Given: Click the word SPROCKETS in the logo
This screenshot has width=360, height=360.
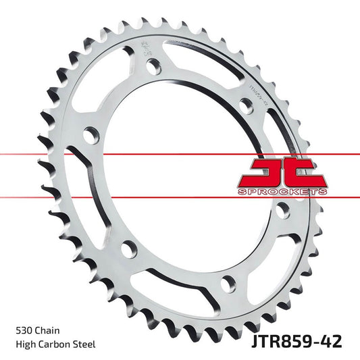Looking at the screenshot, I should click(282, 192).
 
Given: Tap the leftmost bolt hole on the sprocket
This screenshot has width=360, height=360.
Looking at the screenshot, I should click(89, 135).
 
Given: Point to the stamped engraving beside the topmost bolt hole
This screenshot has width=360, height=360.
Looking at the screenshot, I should click(143, 51).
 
